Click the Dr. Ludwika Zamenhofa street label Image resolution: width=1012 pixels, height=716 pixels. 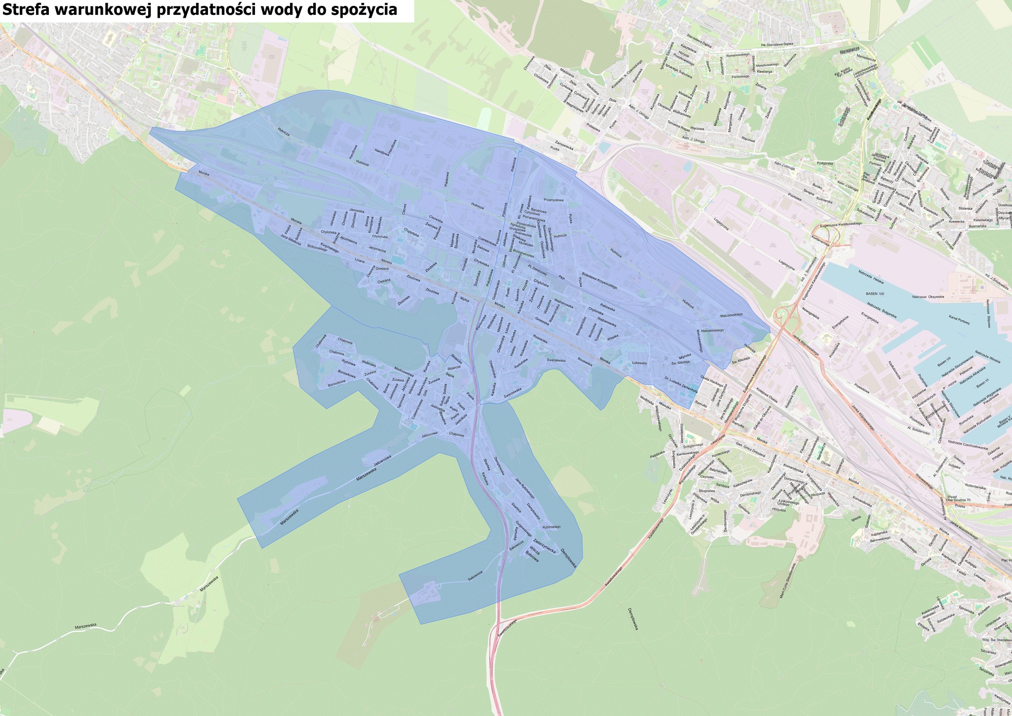click(680, 385)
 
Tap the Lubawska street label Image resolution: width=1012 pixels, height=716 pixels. click(639, 363)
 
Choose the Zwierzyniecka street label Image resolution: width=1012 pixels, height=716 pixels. click(542, 544)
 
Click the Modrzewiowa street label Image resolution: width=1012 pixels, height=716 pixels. click(404, 371)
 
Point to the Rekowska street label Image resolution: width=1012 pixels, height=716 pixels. click(607, 307)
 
